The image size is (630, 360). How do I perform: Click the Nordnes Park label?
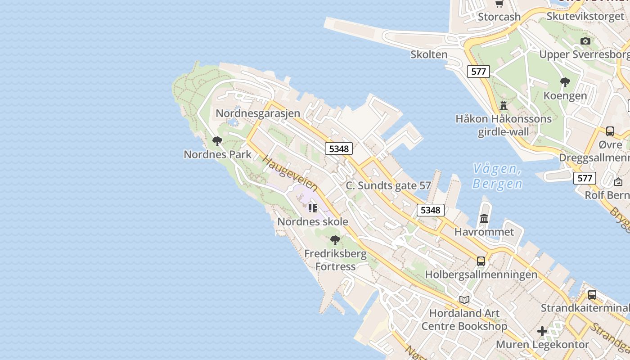[217, 154]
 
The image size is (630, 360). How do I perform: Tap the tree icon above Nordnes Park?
[217, 141]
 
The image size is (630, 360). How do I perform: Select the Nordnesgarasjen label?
[258, 113]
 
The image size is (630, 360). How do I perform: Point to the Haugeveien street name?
[290, 174]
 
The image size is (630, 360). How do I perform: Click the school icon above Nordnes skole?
[313, 208]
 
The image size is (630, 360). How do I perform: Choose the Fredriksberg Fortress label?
[335, 260]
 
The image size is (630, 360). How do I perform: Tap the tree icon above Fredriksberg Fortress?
[335, 240]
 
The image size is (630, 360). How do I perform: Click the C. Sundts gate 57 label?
[388, 185]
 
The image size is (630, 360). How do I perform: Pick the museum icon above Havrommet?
[484, 219]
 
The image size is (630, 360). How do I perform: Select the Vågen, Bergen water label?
[497, 176]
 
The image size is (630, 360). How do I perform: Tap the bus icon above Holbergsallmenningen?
[481, 261]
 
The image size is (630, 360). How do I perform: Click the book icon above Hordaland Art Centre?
[464, 300]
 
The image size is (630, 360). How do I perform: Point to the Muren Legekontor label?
[542, 345]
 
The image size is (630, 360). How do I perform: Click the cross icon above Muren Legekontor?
[542, 332]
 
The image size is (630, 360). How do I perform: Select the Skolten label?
[429, 54]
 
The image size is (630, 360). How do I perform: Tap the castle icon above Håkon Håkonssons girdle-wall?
[504, 106]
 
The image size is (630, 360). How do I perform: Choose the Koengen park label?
[565, 95]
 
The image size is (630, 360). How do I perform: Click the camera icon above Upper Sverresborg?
[585, 41]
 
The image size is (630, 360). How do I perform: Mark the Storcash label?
[499, 17]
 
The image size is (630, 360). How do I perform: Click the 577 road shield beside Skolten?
[478, 71]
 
